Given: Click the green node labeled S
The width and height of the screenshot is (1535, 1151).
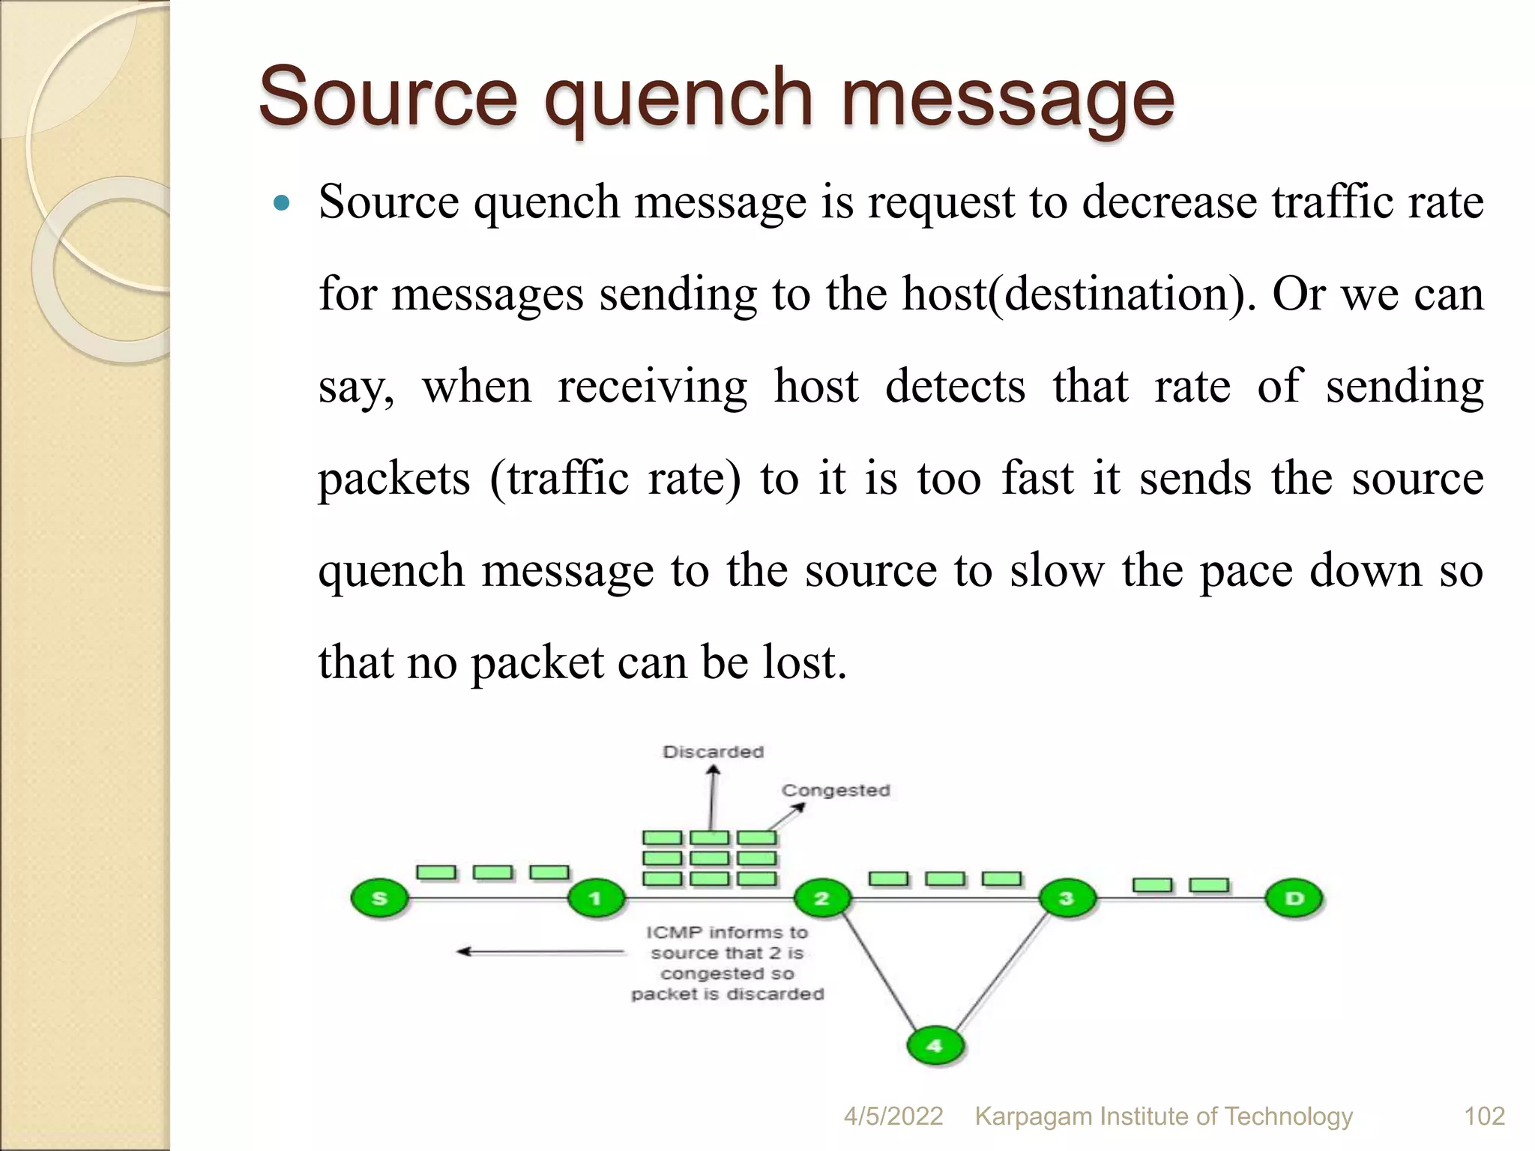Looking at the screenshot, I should pyautogui.click(x=379, y=898).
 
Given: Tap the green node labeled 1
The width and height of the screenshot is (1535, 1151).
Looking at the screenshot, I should pyautogui.click(x=596, y=898).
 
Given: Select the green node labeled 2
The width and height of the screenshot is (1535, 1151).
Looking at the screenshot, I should pyautogui.click(x=822, y=898).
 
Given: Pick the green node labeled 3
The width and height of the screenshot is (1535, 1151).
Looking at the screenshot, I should pyautogui.click(x=1067, y=898).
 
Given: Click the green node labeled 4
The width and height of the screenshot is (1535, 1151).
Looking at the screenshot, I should pyautogui.click(x=935, y=1045).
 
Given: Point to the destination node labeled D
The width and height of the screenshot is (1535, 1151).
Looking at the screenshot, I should pyautogui.click(x=1294, y=898).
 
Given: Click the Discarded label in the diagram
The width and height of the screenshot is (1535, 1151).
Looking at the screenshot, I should pyautogui.click(x=713, y=752).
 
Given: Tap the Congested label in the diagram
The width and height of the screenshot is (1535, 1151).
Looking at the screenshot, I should pyautogui.click(x=836, y=791).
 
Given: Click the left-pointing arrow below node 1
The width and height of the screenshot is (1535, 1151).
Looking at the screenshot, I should pyautogui.click(x=540, y=952).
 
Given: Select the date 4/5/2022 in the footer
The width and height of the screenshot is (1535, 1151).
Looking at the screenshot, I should pyautogui.click(x=893, y=1117).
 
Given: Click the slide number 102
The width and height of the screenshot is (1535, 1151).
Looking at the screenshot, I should pyautogui.click(x=1484, y=1117).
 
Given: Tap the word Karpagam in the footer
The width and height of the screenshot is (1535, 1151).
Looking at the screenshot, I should pyautogui.click(x=1033, y=1117).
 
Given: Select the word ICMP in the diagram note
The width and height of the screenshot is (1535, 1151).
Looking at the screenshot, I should pyautogui.click(x=673, y=933).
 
